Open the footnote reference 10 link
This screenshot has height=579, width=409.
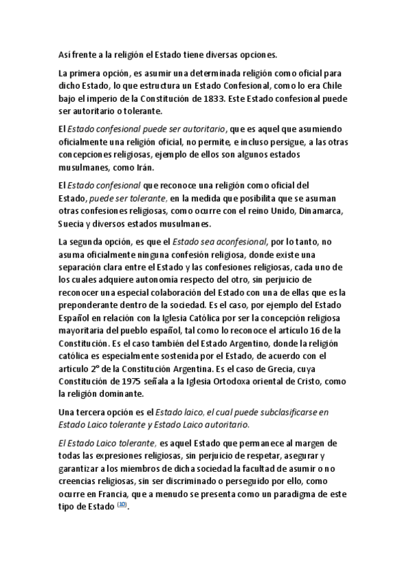pyautogui.click(x=122, y=505)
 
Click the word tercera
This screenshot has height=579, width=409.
pyautogui.click(x=95, y=412)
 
